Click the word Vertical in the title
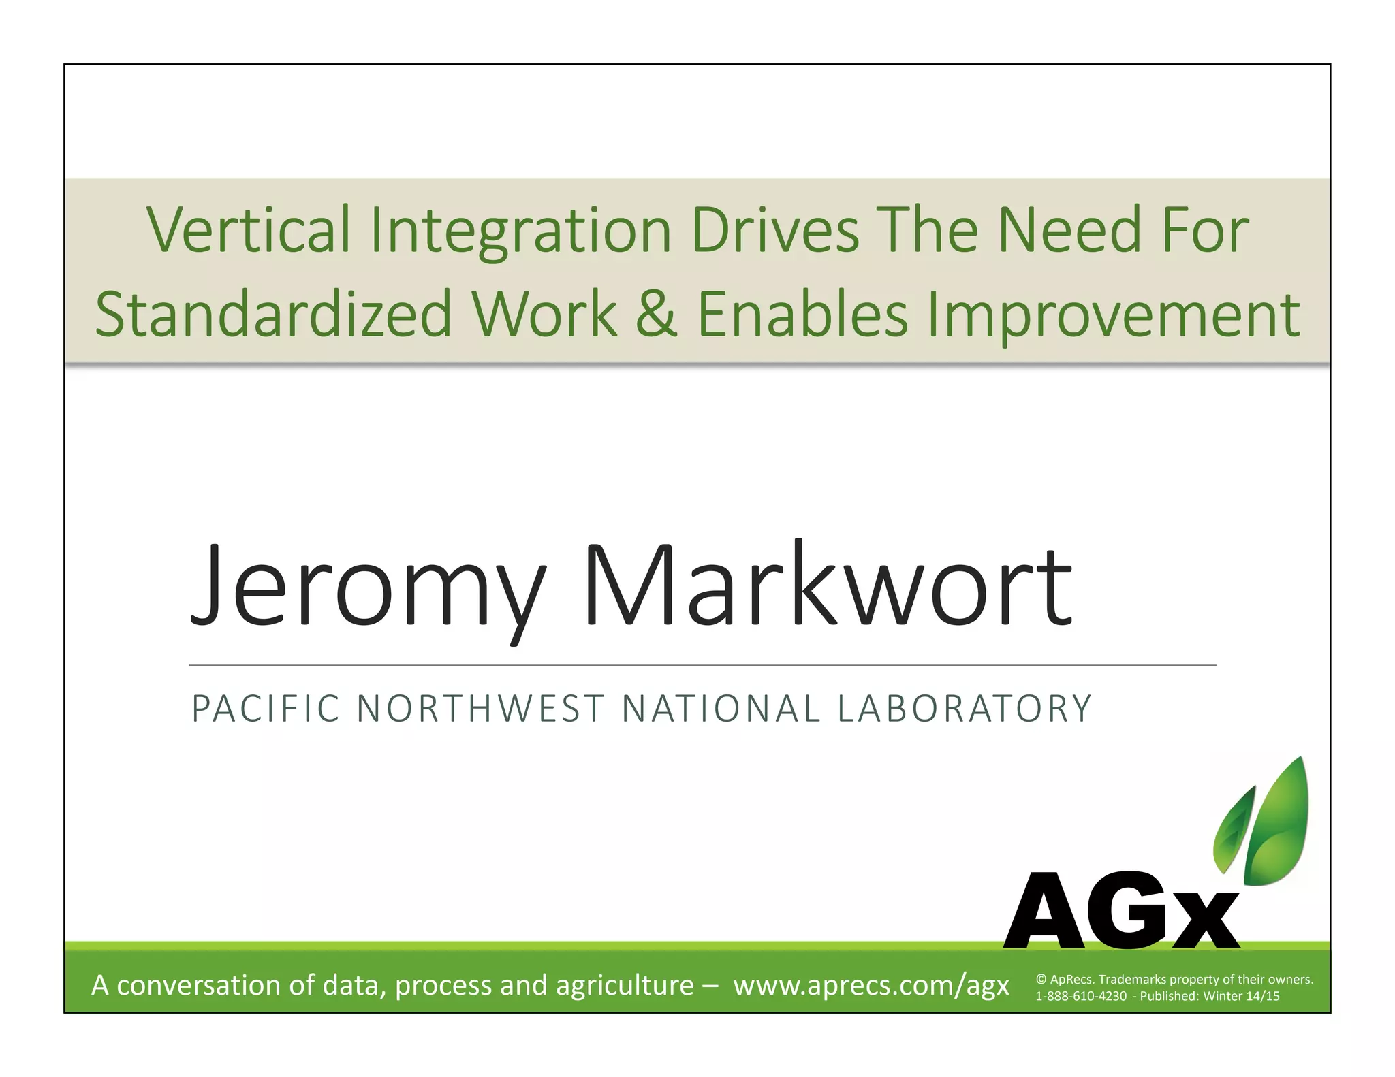tap(248, 229)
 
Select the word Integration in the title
tap(520, 231)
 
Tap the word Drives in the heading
tap(774, 229)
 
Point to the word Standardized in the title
tap(273, 314)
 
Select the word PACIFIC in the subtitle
tap(266, 708)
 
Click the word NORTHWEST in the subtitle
tap(481, 708)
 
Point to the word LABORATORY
tap(964, 708)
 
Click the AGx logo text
tap(1120, 912)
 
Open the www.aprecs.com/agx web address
tap(871, 985)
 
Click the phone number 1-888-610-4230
tap(1081, 996)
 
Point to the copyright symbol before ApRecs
tap(1041, 980)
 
